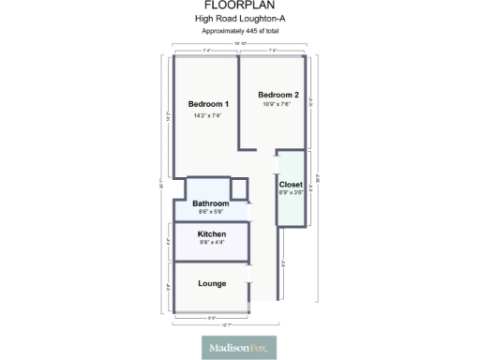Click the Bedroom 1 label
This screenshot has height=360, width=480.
(x=208, y=104)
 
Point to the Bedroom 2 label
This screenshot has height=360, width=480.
(x=278, y=95)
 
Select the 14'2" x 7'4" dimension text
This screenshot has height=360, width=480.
(x=208, y=115)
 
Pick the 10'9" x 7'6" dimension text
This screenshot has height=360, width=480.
(x=278, y=104)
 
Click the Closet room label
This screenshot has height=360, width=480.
(x=291, y=185)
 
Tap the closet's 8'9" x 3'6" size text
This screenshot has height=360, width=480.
(x=291, y=193)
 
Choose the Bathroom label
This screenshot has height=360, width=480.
(x=211, y=203)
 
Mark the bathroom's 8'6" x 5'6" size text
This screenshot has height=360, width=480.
(x=211, y=212)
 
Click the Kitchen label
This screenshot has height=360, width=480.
(x=212, y=234)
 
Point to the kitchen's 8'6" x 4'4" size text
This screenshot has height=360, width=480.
(x=212, y=243)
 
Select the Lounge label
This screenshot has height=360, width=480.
(x=212, y=283)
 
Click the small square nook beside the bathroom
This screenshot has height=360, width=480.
(x=239, y=187)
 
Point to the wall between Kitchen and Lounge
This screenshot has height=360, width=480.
(x=212, y=259)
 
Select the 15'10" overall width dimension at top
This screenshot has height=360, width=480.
(x=240, y=44)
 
